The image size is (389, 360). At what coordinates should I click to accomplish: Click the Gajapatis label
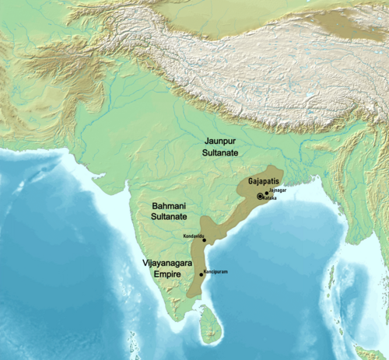[258, 180]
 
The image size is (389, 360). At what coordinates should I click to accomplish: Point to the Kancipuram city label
[216, 272]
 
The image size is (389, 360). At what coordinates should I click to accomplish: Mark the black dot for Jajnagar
[266, 192]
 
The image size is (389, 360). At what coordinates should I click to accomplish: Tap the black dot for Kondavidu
[204, 240]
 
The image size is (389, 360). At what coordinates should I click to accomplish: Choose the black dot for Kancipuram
[202, 274]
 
